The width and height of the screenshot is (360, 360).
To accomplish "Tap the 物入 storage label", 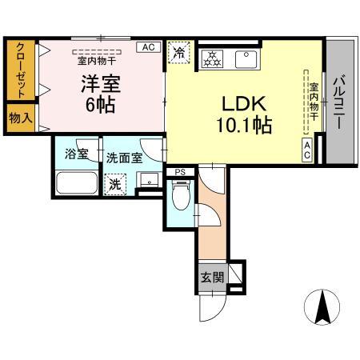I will pyautogui.click(x=20, y=117).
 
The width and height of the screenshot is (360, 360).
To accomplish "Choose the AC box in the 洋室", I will pyautogui.click(x=148, y=47).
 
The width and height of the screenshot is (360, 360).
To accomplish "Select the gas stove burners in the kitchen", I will pyautogui.click(x=214, y=58).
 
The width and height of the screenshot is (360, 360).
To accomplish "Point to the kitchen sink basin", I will pyautogui.click(x=245, y=58).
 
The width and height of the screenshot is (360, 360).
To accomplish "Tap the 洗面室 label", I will pyautogui.click(x=124, y=157).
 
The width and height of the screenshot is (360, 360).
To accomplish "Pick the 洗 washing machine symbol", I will pyautogui.click(x=117, y=182).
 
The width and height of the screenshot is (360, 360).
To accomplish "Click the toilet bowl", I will pyautogui.click(x=181, y=194).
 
